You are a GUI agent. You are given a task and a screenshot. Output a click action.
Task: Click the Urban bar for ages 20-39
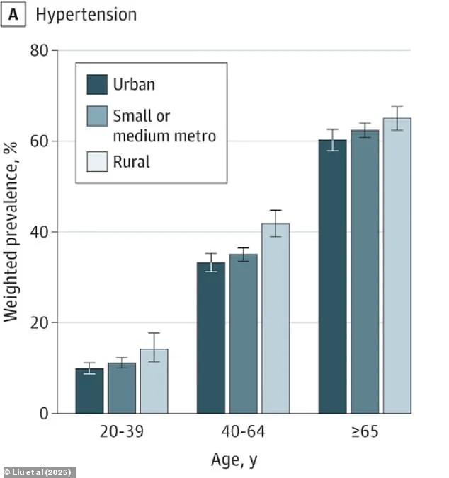(x=89, y=391)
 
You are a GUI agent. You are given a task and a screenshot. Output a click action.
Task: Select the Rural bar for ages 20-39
(x=154, y=382)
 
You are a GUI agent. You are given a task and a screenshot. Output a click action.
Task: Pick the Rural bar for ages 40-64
(x=275, y=318)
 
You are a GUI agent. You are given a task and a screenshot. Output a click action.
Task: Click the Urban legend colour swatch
(x=97, y=85)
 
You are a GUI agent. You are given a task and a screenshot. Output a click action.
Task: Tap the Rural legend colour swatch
(x=97, y=162)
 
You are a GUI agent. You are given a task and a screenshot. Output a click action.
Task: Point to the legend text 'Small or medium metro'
(x=164, y=124)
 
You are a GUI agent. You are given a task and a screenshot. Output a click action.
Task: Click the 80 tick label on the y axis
(x=40, y=51)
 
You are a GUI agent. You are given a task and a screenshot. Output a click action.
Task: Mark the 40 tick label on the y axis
(x=40, y=232)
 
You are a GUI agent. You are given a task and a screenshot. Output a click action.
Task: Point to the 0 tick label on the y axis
(x=44, y=413)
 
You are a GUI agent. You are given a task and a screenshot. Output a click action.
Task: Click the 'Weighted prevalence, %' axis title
(x=11, y=232)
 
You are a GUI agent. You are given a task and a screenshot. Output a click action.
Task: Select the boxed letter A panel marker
(x=13, y=14)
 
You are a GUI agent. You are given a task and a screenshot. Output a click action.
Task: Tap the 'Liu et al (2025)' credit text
(x=39, y=472)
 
